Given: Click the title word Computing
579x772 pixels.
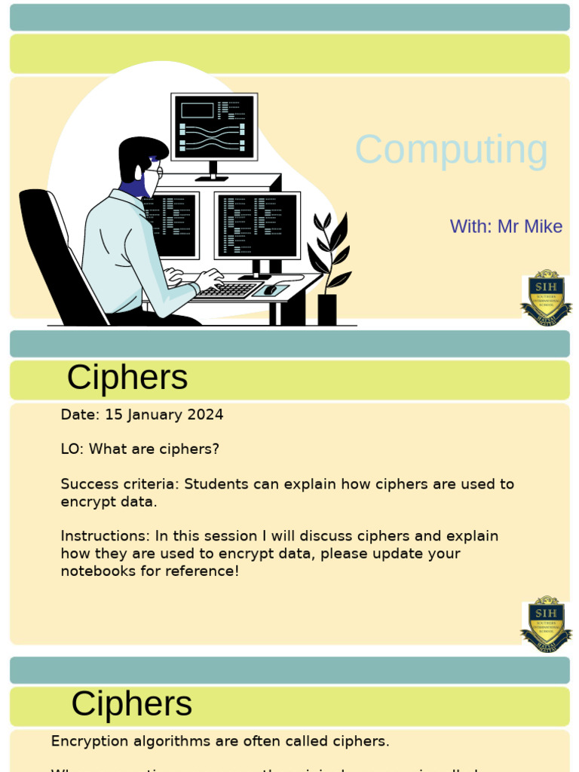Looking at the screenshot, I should [451, 150].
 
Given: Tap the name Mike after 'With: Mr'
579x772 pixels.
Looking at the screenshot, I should [543, 226].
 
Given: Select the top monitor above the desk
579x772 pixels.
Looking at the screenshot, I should [214, 127].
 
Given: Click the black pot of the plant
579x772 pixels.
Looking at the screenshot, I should [327, 309].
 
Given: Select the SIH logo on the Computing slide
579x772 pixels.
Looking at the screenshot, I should [546, 299].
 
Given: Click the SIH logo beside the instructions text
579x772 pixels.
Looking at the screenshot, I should [546, 624].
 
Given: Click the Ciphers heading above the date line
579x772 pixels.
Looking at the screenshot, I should [127, 378].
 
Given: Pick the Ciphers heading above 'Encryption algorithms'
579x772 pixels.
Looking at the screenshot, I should [131, 704].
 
